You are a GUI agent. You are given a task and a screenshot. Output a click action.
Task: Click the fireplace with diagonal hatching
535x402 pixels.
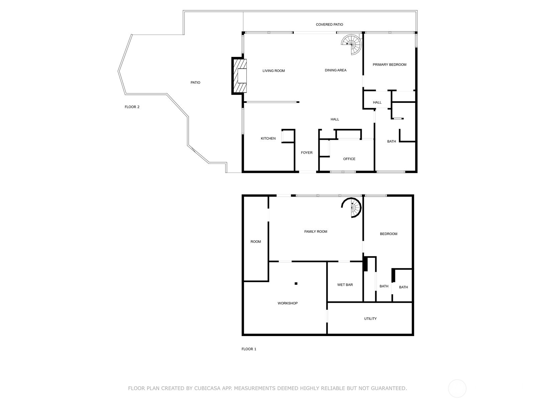click(240, 76)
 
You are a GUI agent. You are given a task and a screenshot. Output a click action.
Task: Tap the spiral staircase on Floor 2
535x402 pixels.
click(352, 44)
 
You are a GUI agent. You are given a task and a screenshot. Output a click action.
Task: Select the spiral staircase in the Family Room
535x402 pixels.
click(353, 207)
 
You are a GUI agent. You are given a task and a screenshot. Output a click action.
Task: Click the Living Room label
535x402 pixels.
click(274, 71)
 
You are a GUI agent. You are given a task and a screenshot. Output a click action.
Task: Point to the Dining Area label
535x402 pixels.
click(335, 70)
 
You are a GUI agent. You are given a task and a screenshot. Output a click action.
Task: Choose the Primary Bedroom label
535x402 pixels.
click(390, 65)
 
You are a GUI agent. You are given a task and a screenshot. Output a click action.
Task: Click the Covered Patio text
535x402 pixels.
click(329, 24)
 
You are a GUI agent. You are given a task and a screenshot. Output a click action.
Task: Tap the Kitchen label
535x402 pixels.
click(268, 138)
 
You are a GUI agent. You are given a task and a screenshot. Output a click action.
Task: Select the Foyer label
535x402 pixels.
click(307, 153)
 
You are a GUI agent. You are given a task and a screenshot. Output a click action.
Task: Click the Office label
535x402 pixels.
click(349, 159)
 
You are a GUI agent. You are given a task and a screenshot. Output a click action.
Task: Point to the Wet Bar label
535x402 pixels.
click(345, 285)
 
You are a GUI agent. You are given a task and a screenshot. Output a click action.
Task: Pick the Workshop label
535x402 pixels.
click(288, 303)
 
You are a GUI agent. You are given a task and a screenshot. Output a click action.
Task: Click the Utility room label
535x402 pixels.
click(370, 319)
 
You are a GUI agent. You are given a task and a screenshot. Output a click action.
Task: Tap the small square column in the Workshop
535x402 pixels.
click(296, 284)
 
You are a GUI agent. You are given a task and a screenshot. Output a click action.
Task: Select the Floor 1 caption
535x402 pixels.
click(249, 349)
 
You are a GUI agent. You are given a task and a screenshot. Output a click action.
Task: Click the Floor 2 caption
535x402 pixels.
click(132, 107)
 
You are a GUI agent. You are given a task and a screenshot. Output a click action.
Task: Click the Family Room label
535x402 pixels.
click(316, 231)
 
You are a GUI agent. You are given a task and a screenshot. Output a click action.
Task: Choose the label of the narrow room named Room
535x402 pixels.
click(255, 242)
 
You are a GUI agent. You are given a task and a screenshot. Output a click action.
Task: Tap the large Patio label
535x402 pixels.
click(195, 82)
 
